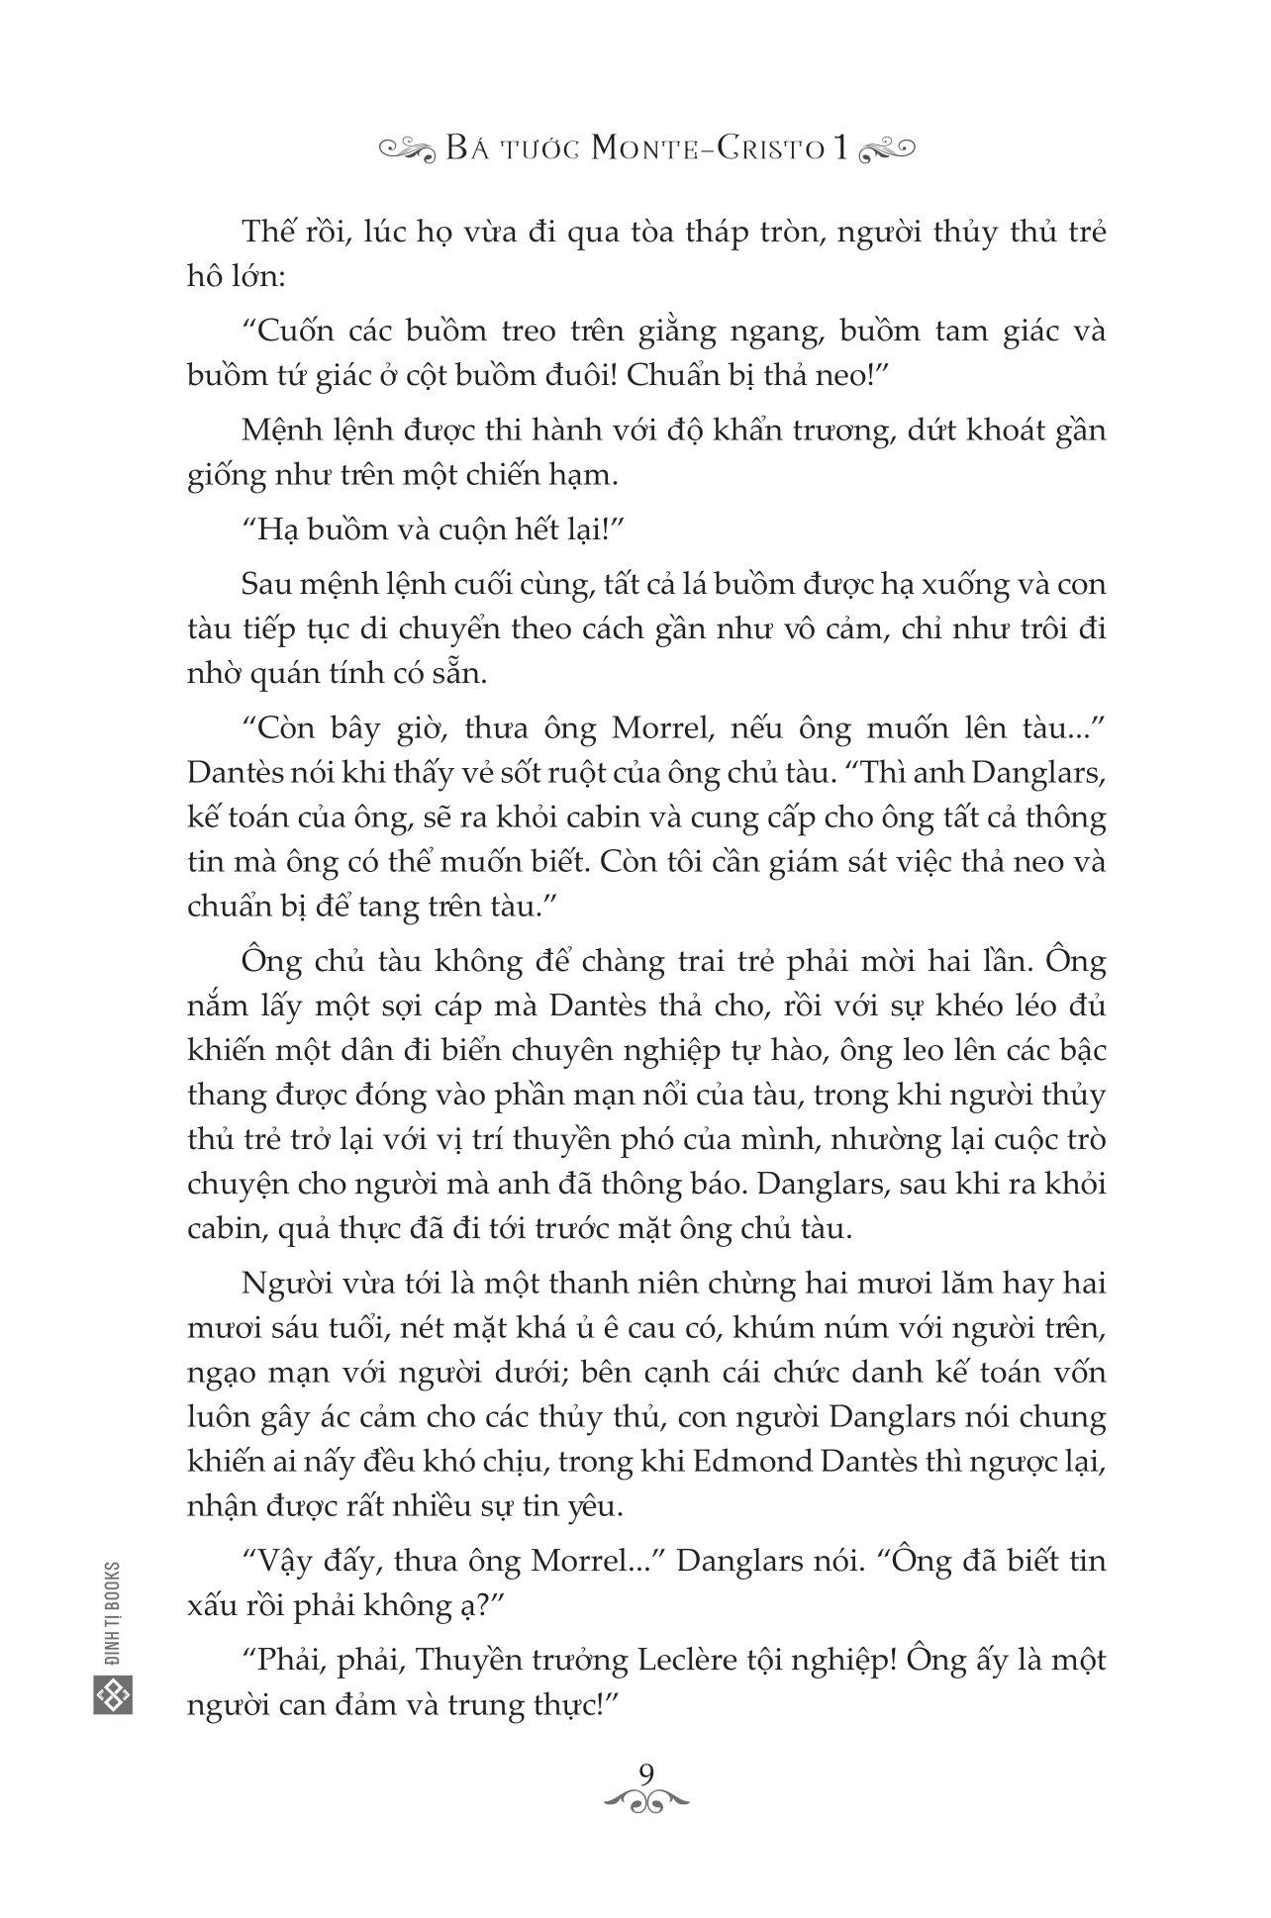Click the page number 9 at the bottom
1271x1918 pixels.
[x=648, y=1772]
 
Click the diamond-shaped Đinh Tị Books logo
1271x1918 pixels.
[x=111, y=1695]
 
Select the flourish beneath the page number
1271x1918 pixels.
[x=648, y=1799]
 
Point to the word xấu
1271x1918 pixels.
[x=211, y=1606]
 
